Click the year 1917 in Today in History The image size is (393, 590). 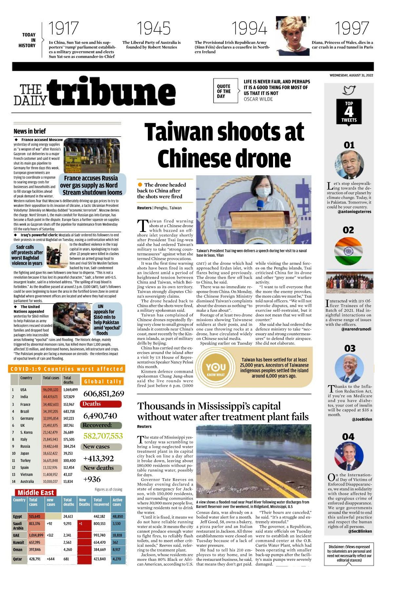(64, 29)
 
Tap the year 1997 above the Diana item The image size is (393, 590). (352, 29)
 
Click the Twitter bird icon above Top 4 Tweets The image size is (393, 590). (349, 90)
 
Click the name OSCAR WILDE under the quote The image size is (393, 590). (258, 99)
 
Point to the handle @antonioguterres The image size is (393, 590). (354, 212)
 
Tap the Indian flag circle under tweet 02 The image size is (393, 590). (348, 251)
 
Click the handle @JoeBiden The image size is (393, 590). (362, 419)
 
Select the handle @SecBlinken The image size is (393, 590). (360, 531)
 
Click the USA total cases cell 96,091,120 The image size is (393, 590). (50, 390)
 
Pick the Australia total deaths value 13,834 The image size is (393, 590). (68, 482)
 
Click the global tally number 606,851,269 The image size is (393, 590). (104, 394)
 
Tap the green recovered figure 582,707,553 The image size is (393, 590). (103, 436)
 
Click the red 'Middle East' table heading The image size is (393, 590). (36, 493)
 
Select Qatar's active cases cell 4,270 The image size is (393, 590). (117, 559)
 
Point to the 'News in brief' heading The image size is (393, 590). (30, 131)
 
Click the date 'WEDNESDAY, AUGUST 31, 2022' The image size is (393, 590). (351, 75)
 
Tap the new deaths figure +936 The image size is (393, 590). (92, 479)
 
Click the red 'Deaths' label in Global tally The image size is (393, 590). (92, 404)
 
